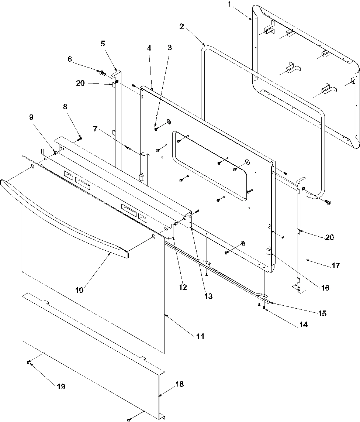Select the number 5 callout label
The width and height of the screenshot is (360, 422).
[x=103, y=44]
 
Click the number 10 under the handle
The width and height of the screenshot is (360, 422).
[x=79, y=290]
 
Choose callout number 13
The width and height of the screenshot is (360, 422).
[x=209, y=296]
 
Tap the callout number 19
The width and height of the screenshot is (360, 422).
[x=61, y=386]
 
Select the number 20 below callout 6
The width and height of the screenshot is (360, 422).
[x=80, y=83]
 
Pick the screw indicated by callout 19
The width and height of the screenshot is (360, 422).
[x=29, y=363]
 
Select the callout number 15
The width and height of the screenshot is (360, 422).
[x=322, y=313]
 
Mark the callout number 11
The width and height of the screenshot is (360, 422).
[x=200, y=336]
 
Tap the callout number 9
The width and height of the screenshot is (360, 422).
[x=31, y=117]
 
